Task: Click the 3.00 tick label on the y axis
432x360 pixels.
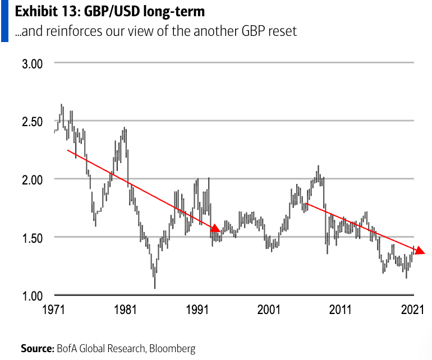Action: click(32, 63)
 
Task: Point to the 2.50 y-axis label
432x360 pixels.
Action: click(32, 121)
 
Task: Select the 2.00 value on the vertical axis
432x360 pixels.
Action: click(32, 179)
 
